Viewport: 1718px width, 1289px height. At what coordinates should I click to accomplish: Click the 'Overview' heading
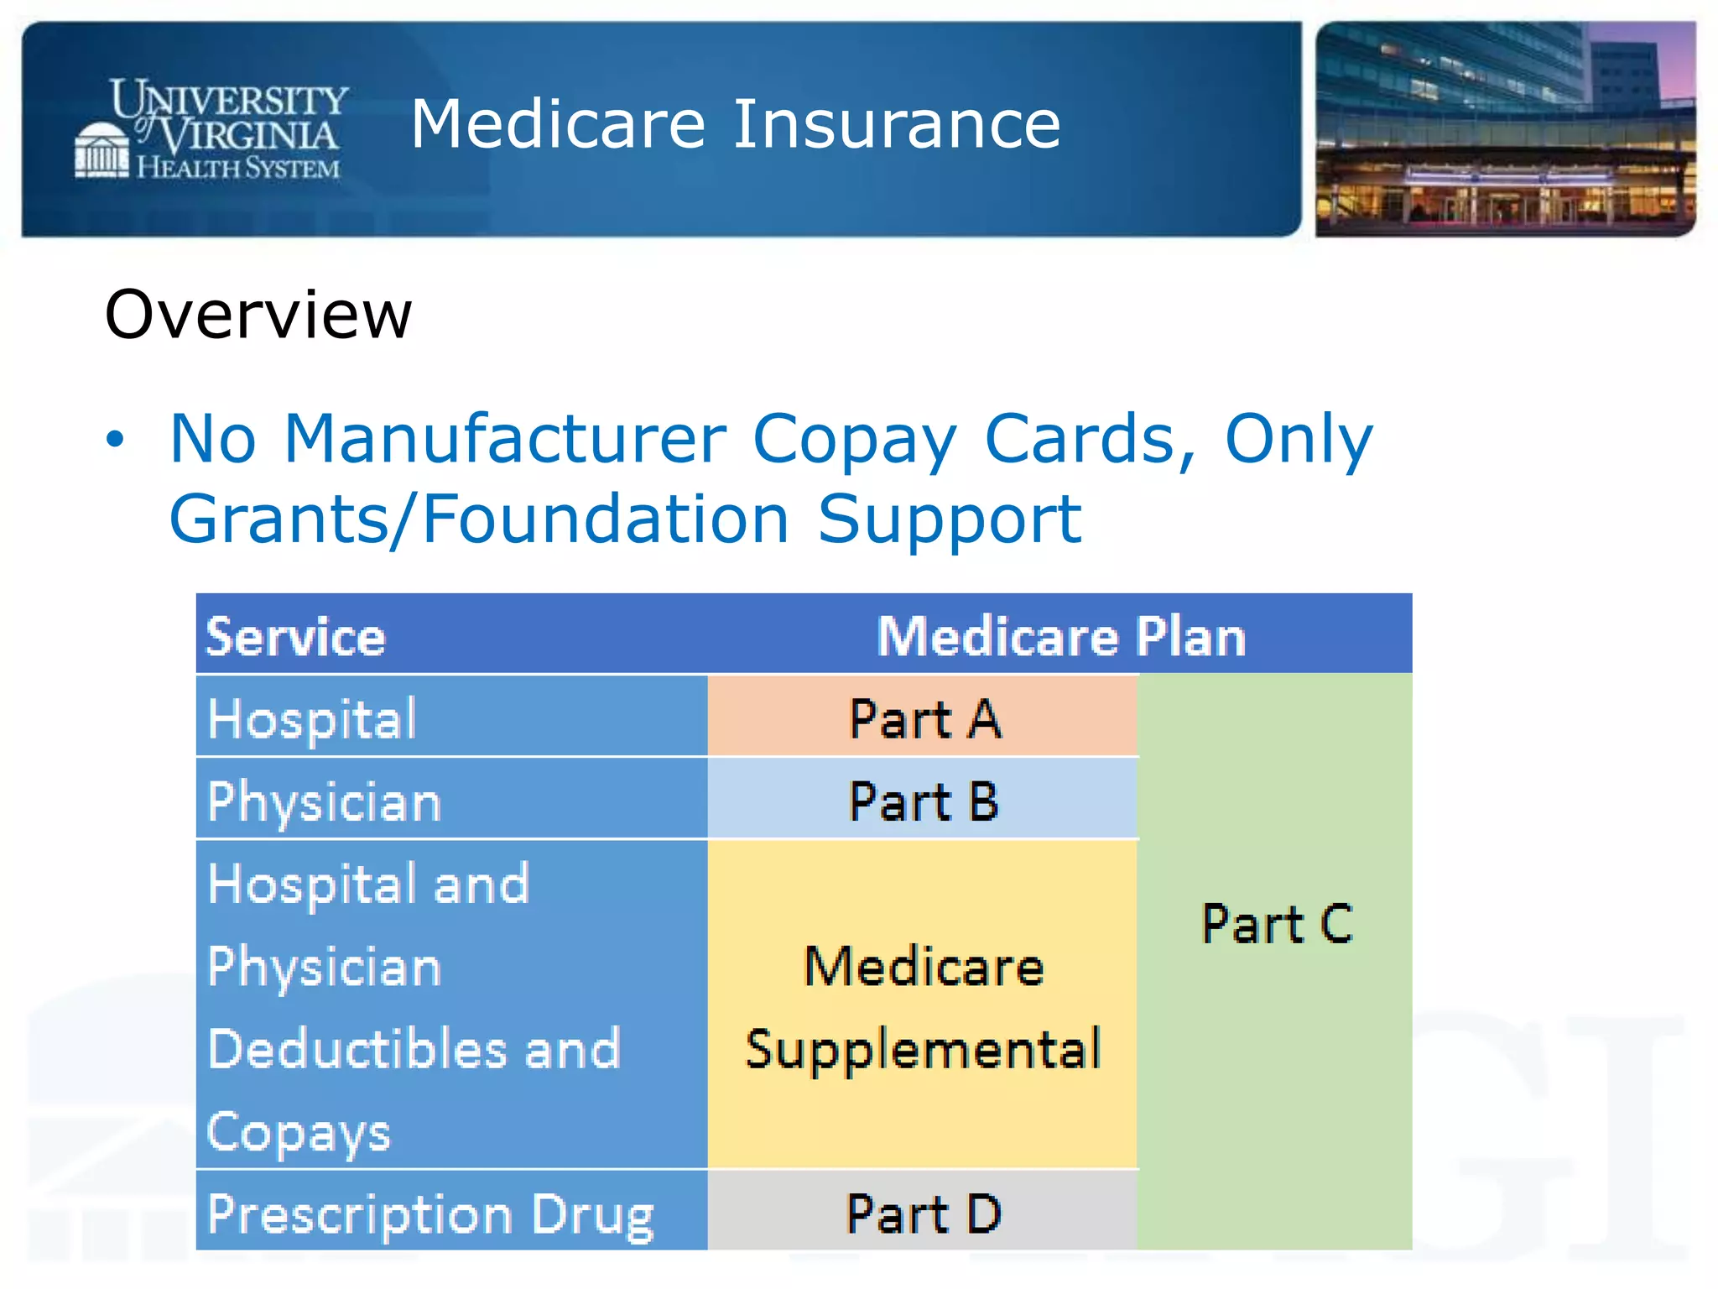[258, 314]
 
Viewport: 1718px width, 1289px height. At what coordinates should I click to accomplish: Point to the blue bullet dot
[115, 438]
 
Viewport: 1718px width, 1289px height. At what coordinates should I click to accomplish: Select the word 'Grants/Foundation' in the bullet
[479, 519]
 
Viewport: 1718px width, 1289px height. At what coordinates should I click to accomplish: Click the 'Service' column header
[295, 636]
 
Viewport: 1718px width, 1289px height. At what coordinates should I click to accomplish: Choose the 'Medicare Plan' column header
[1061, 636]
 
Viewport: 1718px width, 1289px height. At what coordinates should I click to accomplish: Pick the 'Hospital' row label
[312, 718]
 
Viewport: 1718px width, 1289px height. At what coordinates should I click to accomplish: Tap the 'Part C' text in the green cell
[1277, 923]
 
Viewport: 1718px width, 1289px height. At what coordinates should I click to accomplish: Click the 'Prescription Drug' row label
[430, 1214]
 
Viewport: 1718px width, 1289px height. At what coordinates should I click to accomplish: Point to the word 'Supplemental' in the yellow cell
[923, 1049]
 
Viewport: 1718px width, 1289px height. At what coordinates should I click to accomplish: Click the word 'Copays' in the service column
[299, 1132]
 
